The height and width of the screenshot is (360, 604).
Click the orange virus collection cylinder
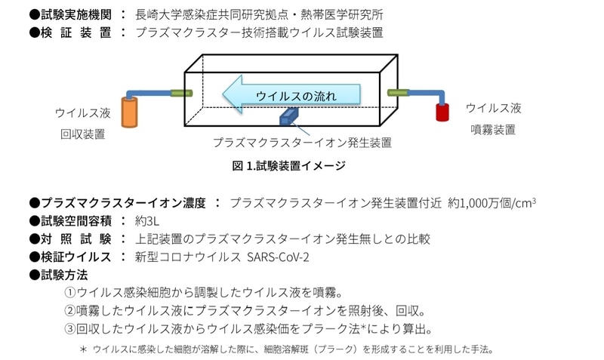click(131, 114)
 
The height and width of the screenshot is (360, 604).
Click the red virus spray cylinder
click(442, 112)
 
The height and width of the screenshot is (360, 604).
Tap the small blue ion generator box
click(290, 116)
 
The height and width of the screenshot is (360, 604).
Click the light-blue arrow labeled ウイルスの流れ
click(294, 94)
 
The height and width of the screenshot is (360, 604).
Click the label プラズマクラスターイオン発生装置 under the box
click(302, 141)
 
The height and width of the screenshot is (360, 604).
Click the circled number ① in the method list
click(69, 293)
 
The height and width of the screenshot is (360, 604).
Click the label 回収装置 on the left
click(82, 134)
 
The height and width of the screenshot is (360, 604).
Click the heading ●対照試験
click(70, 238)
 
